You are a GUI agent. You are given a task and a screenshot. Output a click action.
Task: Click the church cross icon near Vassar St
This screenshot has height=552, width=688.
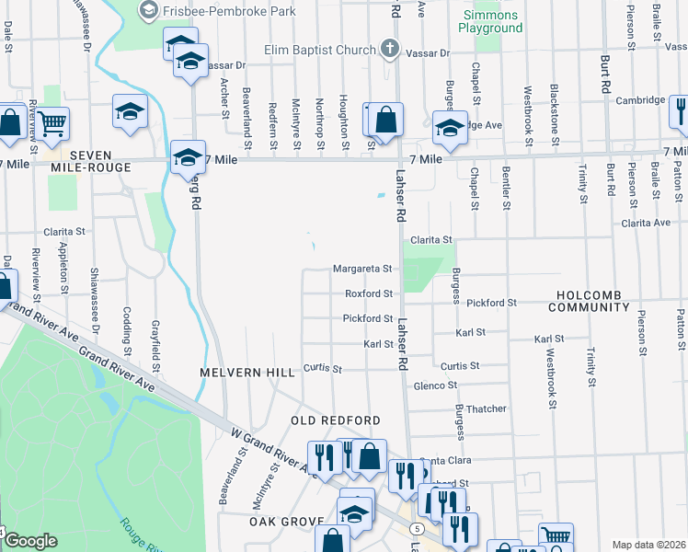point(389,49)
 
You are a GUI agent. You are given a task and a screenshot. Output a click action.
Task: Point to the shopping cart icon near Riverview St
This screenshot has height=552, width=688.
point(52,121)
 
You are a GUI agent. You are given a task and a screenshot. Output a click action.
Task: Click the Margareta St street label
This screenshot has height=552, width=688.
point(362,269)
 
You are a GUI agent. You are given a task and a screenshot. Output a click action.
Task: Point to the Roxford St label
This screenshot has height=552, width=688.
point(369,293)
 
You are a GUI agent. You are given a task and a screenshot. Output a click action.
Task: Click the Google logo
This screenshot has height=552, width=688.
point(30,541)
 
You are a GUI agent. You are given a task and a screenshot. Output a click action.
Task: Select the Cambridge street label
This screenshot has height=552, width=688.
point(640,100)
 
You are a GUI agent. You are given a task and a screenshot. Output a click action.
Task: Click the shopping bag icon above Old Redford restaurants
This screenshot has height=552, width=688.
point(369,456)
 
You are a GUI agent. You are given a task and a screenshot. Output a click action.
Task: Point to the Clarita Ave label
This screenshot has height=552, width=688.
point(646,223)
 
